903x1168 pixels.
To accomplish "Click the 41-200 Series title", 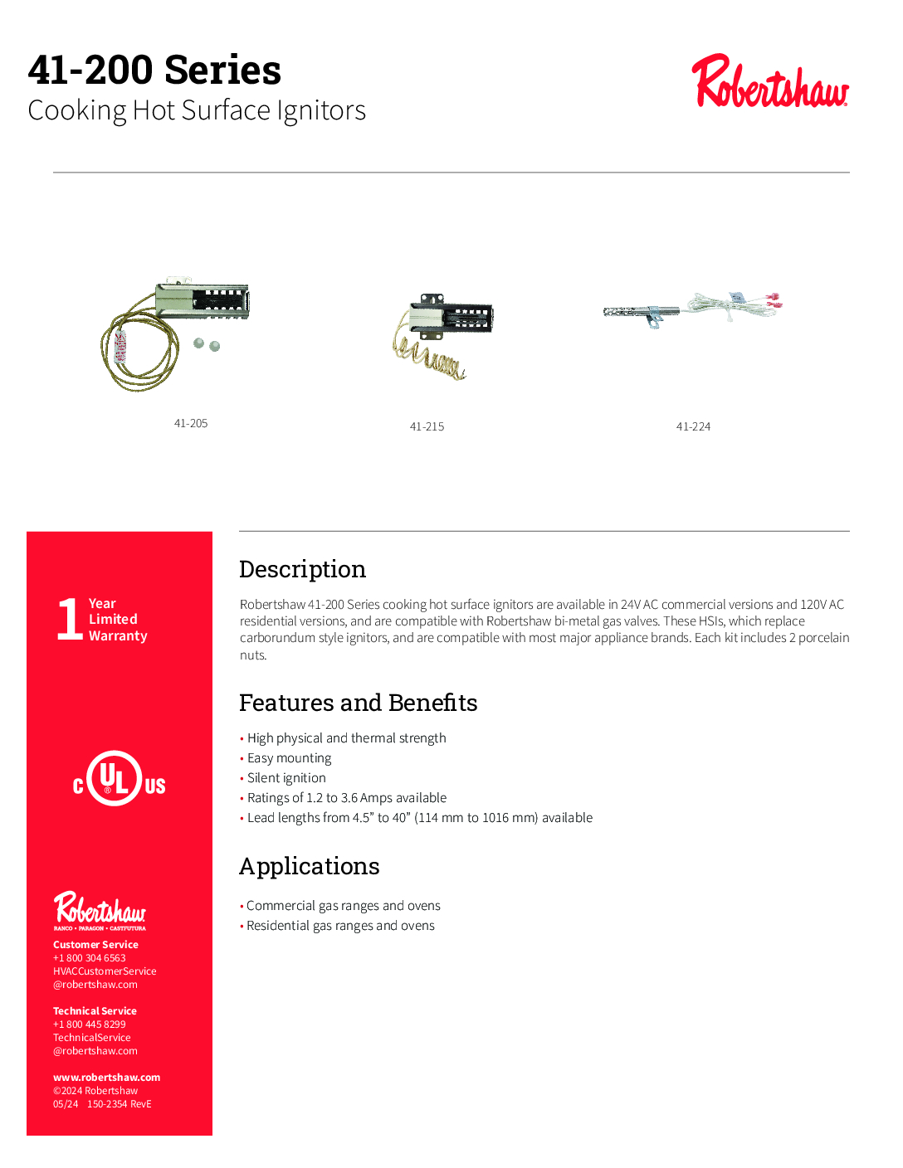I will (x=154, y=70).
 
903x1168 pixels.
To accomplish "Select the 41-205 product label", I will (x=191, y=423).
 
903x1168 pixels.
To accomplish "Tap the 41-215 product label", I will (x=427, y=426).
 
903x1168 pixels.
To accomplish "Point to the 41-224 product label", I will (x=693, y=426).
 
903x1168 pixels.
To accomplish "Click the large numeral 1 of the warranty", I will (x=70, y=619).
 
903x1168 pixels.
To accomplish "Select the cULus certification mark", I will (x=119, y=779).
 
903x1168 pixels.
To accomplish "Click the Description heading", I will (x=302, y=569).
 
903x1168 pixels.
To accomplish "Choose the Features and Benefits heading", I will (x=358, y=703).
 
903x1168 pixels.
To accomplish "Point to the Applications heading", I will (x=309, y=866).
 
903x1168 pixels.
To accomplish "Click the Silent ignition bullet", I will (x=286, y=778).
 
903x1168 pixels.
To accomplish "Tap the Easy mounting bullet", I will (x=289, y=758).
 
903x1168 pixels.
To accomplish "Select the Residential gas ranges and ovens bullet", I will (x=340, y=926).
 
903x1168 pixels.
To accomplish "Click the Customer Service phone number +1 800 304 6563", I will (x=90, y=958).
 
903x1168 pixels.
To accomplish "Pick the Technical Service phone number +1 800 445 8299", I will (x=90, y=1024).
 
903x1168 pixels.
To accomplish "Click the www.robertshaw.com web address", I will (x=106, y=1078).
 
